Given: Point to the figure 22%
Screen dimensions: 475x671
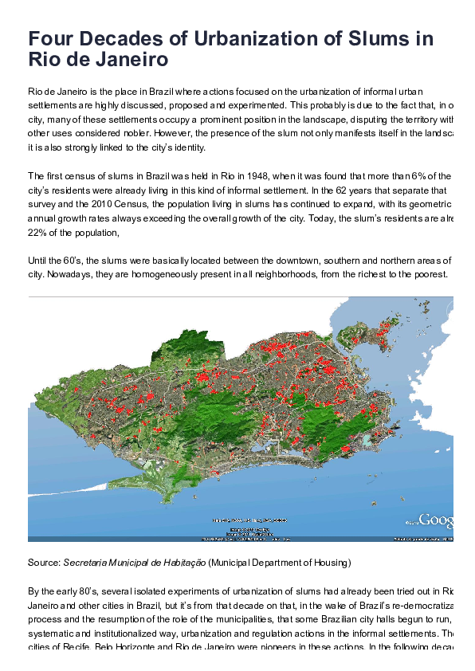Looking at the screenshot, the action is (x=37, y=233).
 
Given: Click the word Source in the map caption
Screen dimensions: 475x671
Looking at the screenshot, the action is (x=43, y=563).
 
